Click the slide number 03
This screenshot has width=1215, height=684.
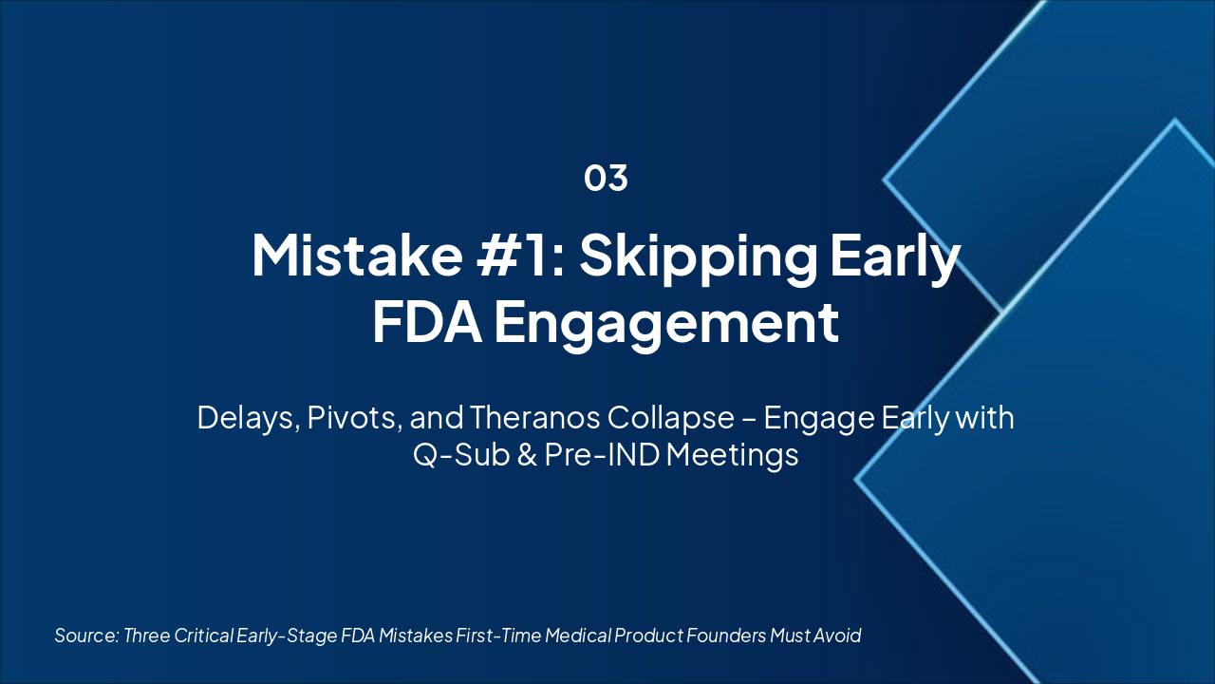(606, 178)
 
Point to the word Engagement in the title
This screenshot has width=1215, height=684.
(665, 322)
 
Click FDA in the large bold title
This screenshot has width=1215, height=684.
(426, 322)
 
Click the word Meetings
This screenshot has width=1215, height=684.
(732, 455)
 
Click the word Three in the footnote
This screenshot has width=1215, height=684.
(147, 636)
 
